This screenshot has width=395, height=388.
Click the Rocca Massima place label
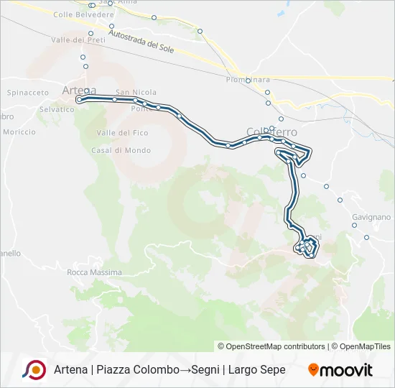tap(94, 273)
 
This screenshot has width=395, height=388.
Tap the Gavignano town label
tap(371, 216)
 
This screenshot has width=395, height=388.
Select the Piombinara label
tap(247, 79)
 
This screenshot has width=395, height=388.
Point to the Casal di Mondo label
tap(121, 150)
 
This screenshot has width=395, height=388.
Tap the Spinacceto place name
tap(27, 93)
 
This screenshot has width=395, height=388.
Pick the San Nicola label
tap(136, 92)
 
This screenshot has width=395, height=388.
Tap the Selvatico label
tap(57, 109)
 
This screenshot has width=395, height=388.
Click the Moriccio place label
tap(19, 131)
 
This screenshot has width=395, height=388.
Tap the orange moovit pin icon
tap(313, 370)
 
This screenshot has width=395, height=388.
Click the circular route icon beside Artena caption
tap(34, 369)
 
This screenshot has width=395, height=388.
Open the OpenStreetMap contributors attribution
tap(276, 346)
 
